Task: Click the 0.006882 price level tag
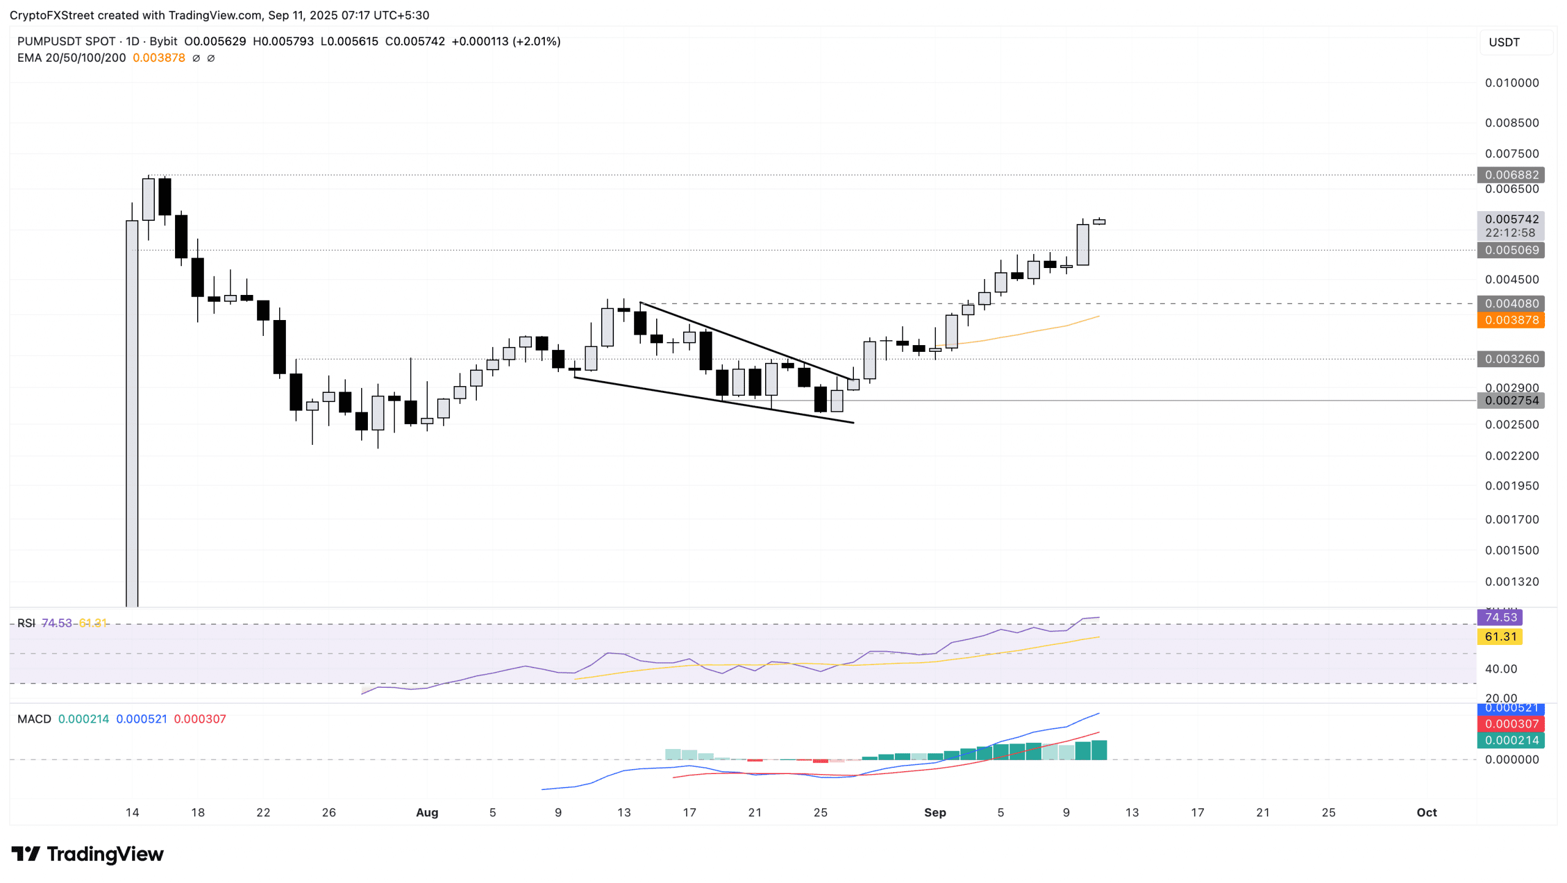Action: pos(1510,175)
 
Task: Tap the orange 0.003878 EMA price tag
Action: pos(1510,320)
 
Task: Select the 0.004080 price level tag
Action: pos(1510,304)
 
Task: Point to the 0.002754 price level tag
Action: pos(1510,401)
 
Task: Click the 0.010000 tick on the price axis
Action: pos(1511,83)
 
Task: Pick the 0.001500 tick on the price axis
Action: pos(1511,550)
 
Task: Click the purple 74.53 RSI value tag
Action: pos(1500,617)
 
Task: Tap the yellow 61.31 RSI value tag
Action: pos(1500,637)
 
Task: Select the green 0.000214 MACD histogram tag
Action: pos(1510,740)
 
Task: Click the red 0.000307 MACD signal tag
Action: pos(1510,724)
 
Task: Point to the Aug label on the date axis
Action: pos(427,813)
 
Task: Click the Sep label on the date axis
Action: pos(935,813)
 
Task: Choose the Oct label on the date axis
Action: pos(1426,813)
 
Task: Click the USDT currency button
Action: pos(1504,42)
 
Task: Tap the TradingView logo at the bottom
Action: pos(88,854)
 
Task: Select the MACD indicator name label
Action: pos(34,719)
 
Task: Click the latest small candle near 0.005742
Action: pos(1099,222)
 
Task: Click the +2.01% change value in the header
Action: pos(537,42)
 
